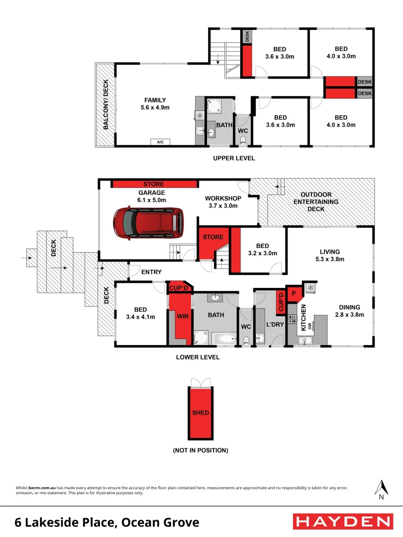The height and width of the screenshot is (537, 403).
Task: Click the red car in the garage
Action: pos(148,222)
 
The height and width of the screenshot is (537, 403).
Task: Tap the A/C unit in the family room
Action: pos(160,142)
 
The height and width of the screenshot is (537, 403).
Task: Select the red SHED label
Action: pos(201,413)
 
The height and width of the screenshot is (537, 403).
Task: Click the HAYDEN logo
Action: pos(343,522)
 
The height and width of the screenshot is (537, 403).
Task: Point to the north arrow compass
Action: pos(381,489)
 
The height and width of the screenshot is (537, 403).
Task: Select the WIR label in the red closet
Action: pos(180,315)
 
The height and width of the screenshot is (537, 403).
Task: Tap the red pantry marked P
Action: pos(294,293)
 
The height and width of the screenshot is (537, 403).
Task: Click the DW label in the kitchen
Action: pos(309,326)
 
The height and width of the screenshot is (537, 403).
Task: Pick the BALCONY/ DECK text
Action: pos(105,105)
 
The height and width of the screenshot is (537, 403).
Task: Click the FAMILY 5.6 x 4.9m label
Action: pos(155,103)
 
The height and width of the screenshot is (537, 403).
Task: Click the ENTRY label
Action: pos(151,272)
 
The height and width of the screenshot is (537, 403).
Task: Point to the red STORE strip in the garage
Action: pos(154,184)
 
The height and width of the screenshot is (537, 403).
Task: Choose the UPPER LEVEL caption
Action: pos(234,158)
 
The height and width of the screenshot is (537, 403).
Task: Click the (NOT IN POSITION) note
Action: pos(201,450)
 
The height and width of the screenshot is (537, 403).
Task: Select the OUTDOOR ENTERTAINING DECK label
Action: pos(316,202)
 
